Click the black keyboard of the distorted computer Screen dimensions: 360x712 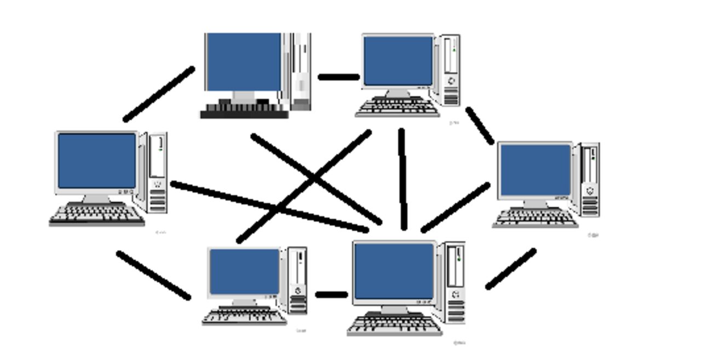tap(244, 112)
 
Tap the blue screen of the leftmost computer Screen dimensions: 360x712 tap(97, 161)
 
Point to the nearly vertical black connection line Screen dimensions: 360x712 tap(403, 179)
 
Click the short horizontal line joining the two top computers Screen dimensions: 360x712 tap(338, 77)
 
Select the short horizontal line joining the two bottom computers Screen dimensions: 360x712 tap(331, 295)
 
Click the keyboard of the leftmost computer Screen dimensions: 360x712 tap(97, 214)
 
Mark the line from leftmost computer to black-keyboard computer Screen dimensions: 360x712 tap(159, 94)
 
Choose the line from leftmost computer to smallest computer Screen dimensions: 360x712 tap(153, 275)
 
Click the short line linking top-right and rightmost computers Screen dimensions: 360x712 tap(480, 125)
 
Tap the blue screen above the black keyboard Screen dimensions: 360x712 tap(244, 61)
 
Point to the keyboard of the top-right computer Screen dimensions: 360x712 tap(398, 107)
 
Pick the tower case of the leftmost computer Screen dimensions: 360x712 tap(157, 172)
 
